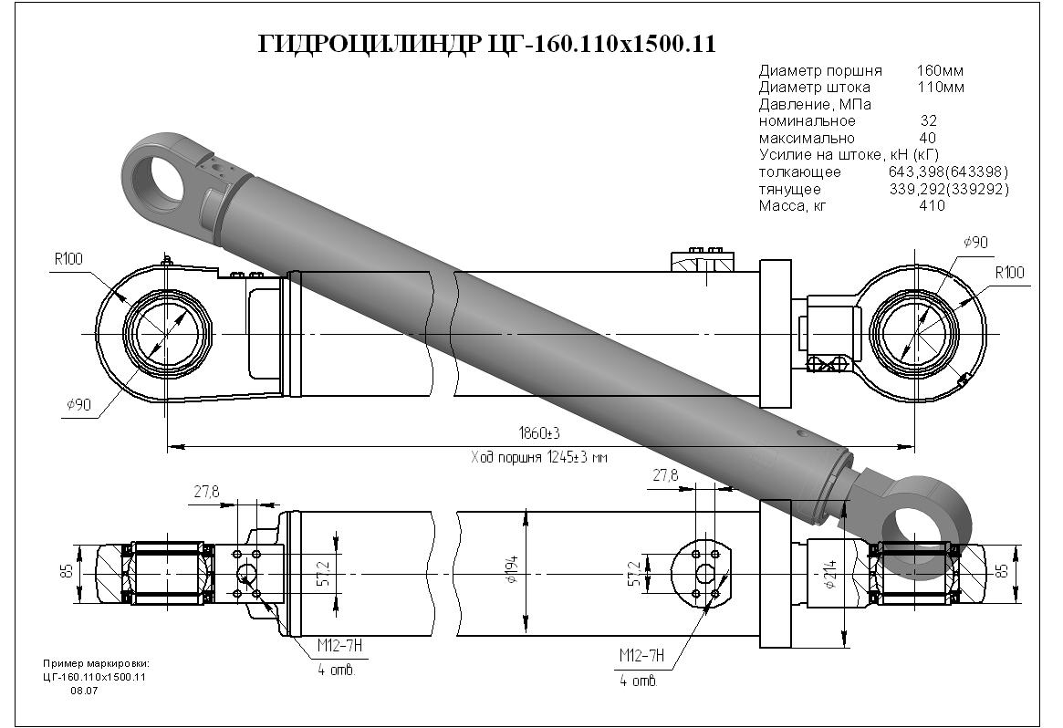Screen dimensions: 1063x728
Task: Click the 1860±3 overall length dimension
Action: tap(539, 432)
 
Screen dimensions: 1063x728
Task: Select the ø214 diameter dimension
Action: tap(830, 573)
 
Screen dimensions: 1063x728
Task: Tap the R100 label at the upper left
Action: tap(68, 259)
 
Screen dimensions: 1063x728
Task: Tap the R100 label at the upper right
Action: tap(1009, 273)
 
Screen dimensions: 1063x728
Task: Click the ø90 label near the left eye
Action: tap(78, 405)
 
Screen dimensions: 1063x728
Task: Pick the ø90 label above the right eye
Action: tap(974, 242)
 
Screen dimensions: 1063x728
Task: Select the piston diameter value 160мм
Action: tap(940, 70)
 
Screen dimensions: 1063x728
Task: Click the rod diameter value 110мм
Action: tap(941, 88)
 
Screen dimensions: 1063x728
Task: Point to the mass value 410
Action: tap(932, 206)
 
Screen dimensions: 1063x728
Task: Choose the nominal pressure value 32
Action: tap(928, 121)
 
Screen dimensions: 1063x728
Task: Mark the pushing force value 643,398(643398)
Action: tap(948, 172)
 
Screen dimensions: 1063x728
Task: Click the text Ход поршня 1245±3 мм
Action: tap(539, 458)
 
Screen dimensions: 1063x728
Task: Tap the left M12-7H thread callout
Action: tap(339, 646)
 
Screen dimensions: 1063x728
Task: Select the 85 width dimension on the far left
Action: tap(67, 571)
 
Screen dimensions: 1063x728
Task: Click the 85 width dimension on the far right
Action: tap(1003, 570)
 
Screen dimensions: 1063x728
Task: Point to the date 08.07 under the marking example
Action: tap(84, 691)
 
